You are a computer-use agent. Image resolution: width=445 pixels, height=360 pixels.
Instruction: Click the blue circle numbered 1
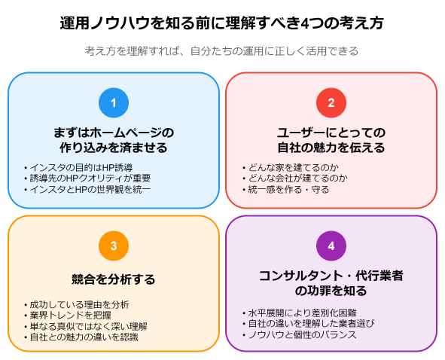point(114,102)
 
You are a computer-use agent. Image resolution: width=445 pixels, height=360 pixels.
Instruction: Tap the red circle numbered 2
point(331,102)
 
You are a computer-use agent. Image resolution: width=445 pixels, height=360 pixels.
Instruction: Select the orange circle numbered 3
point(114,246)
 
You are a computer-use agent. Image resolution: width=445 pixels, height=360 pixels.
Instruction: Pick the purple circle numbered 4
point(331,246)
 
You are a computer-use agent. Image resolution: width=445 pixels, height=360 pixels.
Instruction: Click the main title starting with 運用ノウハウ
point(222,23)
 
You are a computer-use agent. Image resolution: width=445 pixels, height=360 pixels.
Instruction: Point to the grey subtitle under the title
point(221,51)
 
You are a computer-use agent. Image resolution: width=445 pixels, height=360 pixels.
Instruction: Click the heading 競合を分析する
point(114,279)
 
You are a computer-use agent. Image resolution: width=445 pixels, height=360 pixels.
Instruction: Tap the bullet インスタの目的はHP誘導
point(78,167)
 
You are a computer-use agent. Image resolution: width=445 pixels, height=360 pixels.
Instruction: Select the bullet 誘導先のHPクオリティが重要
point(87,178)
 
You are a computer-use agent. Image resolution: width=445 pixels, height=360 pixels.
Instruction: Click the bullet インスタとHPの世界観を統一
point(87,189)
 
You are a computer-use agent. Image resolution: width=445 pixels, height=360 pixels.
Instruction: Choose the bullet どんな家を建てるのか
point(291,167)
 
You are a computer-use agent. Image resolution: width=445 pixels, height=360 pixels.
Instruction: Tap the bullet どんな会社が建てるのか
point(295,178)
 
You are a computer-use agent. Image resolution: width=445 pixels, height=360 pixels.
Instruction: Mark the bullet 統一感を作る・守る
point(286,189)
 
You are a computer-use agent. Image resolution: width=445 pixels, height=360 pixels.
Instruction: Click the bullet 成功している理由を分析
point(77,304)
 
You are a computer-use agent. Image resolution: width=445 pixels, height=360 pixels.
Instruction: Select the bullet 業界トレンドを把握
point(68,316)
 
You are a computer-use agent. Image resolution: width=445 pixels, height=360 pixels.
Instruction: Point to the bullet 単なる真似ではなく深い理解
point(86,327)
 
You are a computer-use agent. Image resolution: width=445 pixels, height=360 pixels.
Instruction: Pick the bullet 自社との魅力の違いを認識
point(81,337)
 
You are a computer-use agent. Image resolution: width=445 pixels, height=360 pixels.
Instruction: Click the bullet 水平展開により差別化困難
point(300,313)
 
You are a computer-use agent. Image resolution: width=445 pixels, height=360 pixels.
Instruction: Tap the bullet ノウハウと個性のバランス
point(300,334)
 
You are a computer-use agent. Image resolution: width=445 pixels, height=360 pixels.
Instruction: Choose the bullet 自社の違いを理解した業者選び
point(309,324)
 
